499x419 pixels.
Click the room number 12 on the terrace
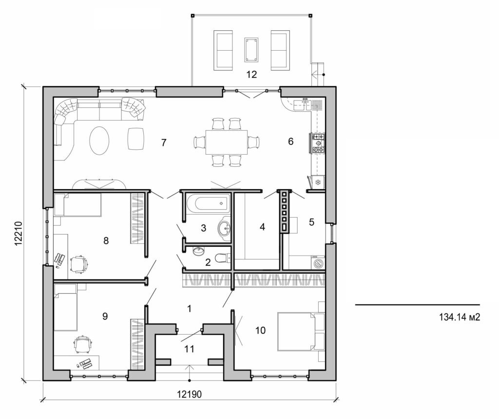(x=251, y=75)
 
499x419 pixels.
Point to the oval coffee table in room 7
(x=99, y=140)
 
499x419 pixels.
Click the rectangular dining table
(x=226, y=142)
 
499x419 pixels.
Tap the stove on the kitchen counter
(x=319, y=143)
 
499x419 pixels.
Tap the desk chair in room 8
(x=79, y=263)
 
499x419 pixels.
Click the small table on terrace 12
(x=251, y=50)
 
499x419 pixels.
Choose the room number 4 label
(x=262, y=227)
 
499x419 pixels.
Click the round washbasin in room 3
(x=225, y=228)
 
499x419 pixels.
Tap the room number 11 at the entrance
(x=190, y=349)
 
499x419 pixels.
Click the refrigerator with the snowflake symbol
(x=318, y=182)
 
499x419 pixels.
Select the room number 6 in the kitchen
(x=291, y=141)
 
